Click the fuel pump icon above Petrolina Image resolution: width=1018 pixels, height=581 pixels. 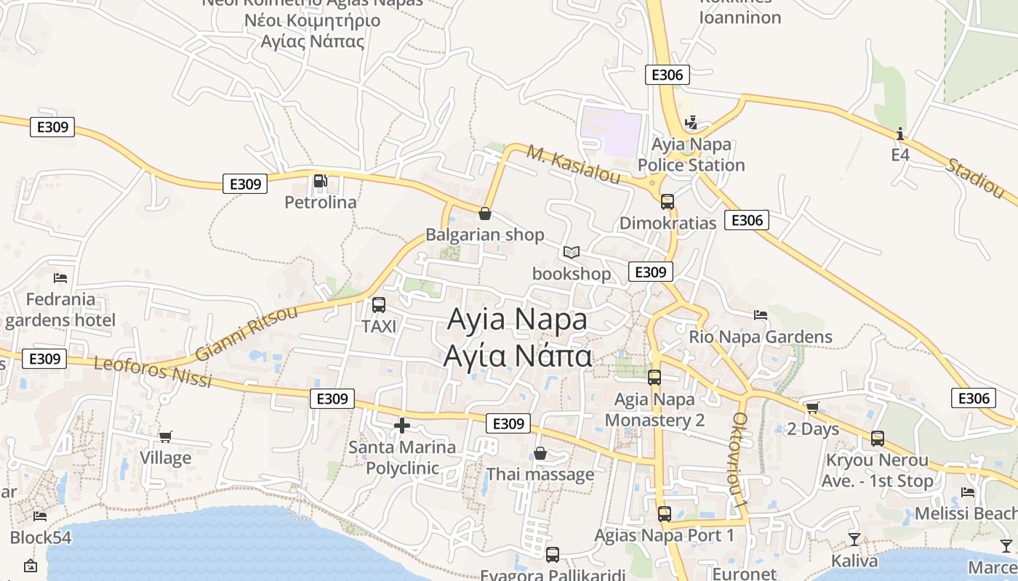coord(320,181)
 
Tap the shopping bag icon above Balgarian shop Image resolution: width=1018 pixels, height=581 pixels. coord(484,214)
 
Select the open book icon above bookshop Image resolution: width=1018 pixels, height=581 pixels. coord(572,253)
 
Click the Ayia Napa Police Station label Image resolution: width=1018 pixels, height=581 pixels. coord(691,155)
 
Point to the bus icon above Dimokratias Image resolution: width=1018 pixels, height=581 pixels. coord(667,202)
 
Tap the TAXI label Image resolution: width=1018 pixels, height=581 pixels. coord(379,327)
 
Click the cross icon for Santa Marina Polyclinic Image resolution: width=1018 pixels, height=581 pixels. coord(401,426)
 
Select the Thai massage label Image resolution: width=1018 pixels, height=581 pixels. coord(540,475)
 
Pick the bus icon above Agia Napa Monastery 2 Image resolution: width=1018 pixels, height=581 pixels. coord(654,378)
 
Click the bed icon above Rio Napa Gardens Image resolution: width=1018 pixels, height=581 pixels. coord(761,315)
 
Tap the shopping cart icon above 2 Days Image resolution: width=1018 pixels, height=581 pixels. coord(812,407)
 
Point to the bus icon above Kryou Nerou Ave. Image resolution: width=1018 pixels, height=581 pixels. coord(878,439)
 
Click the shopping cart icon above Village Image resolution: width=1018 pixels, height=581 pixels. coord(166,436)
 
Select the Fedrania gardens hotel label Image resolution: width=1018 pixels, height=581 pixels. coord(60,309)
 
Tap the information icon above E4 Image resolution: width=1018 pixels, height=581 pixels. coord(900,134)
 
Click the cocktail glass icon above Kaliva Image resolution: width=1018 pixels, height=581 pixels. coord(854,539)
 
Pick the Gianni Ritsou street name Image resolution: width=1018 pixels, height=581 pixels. coord(247,333)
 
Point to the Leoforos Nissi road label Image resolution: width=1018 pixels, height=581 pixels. coord(153,371)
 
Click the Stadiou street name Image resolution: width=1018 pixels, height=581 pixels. coord(974,177)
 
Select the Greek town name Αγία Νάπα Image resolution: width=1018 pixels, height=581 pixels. coord(518,357)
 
